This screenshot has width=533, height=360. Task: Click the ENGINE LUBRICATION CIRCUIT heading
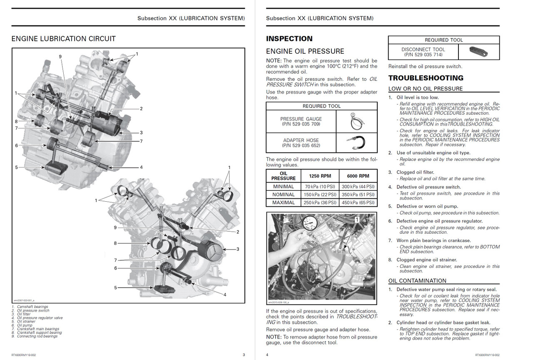pyautogui.click(x=64, y=39)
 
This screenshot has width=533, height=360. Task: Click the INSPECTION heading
pyautogui.click(x=289, y=39)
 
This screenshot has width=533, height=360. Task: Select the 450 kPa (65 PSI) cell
pyautogui.click(x=358, y=202)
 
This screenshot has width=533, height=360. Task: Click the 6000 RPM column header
pyautogui.click(x=358, y=176)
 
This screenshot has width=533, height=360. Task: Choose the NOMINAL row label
pyautogui.click(x=284, y=195)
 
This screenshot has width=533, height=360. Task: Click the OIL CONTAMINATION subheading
pyautogui.click(x=417, y=280)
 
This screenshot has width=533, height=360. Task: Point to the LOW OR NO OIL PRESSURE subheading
pyautogui.click(x=426, y=88)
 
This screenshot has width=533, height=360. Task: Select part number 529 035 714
pyautogui.click(x=423, y=55)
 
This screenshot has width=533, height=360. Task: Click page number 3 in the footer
pyautogui.click(x=244, y=355)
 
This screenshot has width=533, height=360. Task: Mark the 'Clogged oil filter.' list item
pyautogui.click(x=415, y=172)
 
